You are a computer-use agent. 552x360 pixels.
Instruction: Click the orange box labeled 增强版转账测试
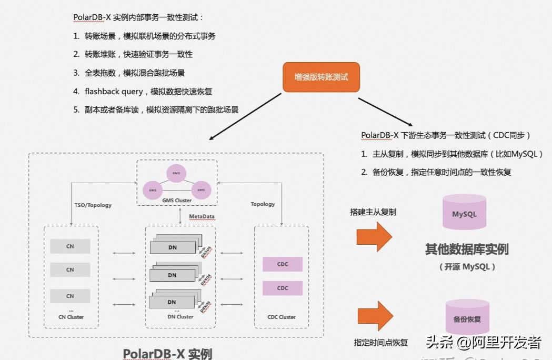(x=321, y=77)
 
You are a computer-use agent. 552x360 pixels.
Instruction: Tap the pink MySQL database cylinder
(x=464, y=212)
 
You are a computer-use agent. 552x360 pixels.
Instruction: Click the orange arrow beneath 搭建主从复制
(x=374, y=236)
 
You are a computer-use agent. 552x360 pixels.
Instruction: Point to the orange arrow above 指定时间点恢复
(x=375, y=316)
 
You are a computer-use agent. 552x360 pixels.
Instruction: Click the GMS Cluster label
(x=176, y=201)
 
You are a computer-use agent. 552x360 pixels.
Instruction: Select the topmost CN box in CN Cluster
(x=70, y=246)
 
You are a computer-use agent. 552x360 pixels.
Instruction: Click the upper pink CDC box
(x=283, y=264)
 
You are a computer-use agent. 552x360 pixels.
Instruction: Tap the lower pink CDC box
(x=283, y=288)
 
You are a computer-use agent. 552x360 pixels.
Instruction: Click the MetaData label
(x=202, y=216)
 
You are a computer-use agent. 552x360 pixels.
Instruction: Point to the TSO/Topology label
(x=93, y=205)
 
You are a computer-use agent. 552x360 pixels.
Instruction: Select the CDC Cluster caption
(x=282, y=317)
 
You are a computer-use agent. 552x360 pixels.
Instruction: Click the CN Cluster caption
(x=71, y=317)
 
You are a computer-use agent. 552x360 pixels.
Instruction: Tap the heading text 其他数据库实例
(x=467, y=249)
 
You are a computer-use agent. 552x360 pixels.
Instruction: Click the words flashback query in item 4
(x=114, y=92)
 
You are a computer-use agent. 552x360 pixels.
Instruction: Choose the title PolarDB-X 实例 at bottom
(x=167, y=353)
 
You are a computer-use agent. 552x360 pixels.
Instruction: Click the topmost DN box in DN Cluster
(x=172, y=247)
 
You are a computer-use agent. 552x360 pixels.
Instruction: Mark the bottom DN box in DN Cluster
(x=172, y=302)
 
